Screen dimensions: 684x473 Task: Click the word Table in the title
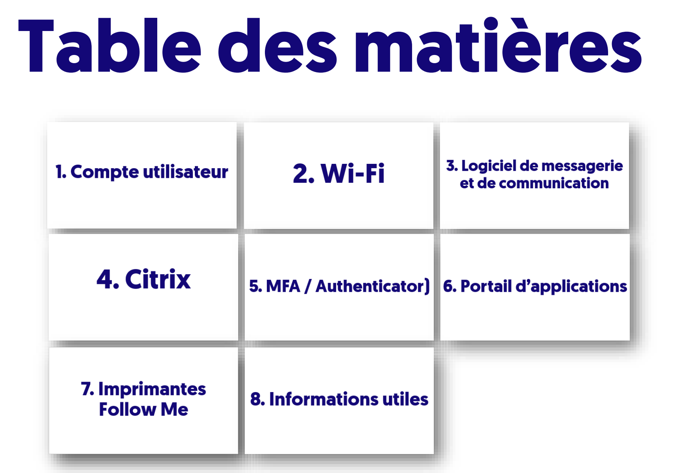coord(110,45)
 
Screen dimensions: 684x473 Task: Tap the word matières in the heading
coord(498,45)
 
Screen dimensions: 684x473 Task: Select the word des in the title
coord(277,45)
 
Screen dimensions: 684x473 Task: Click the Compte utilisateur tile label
coord(142,172)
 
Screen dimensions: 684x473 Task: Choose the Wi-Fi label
coord(339,173)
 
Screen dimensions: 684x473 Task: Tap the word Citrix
coord(158,279)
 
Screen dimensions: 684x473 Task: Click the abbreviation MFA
coord(283,286)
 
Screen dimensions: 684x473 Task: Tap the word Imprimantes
coord(152,389)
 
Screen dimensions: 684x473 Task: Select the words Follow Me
coord(144,409)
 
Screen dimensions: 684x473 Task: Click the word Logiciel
coord(489,166)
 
